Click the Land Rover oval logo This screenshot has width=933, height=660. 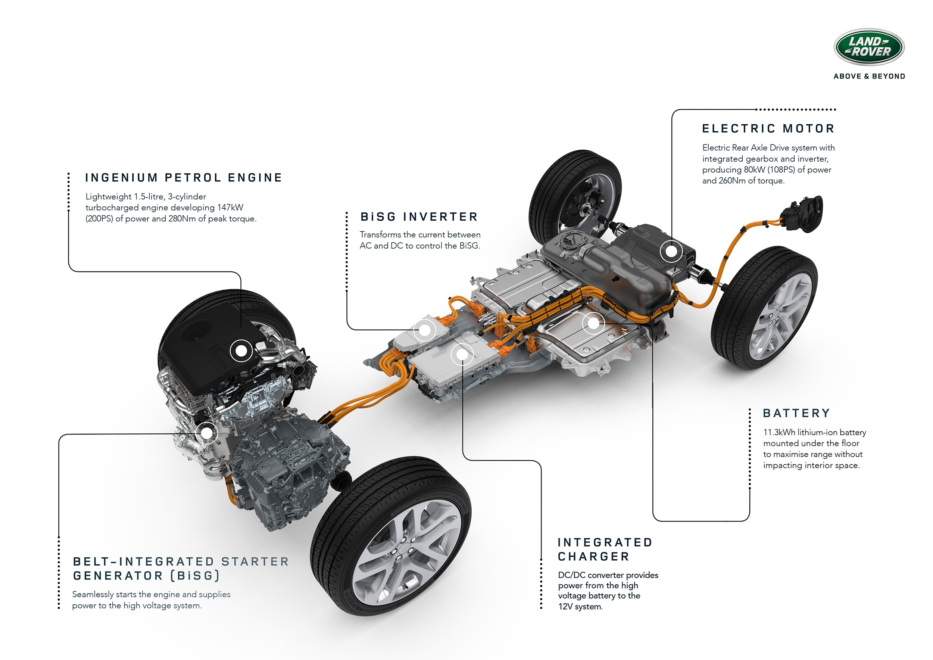click(869, 47)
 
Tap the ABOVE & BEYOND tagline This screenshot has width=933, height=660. click(869, 77)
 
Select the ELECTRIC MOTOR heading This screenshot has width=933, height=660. click(768, 129)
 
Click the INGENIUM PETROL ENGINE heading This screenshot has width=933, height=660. click(183, 178)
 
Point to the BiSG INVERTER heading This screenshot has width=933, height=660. click(419, 217)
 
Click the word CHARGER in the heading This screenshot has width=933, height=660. click(593, 557)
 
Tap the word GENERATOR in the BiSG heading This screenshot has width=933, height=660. click(118, 576)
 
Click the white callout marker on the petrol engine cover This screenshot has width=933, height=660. click(241, 351)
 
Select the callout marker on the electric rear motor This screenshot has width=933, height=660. click(671, 251)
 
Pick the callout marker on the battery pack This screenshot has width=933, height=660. click(593, 324)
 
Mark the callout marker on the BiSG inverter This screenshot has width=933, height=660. click(424, 330)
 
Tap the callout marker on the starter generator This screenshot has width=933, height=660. click(207, 433)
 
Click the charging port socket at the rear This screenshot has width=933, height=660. click(802, 215)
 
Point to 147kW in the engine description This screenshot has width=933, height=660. click(230, 208)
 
